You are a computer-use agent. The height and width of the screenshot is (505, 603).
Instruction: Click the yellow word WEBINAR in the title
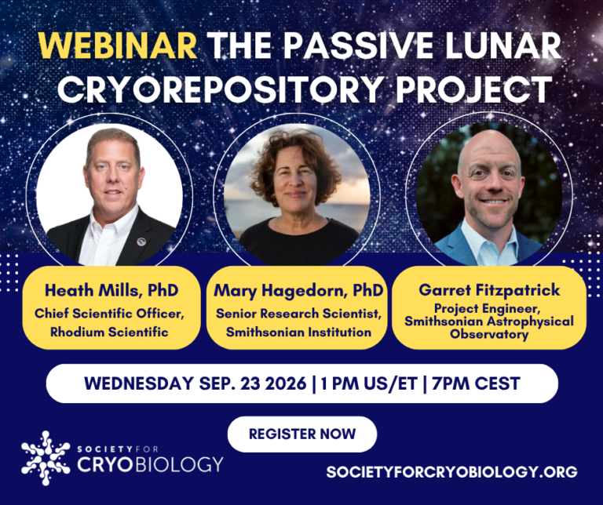pyautogui.click(x=118, y=45)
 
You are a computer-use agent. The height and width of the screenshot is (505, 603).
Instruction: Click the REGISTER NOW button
pyautogui.click(x=302, y=434)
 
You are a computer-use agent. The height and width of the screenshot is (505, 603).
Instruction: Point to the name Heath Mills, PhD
pyautogui.click(x=111, y=290)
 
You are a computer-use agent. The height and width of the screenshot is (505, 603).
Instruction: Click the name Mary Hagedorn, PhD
pyautogui.click(x=298, y=291)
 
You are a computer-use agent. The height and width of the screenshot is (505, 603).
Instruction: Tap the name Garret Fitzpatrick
pyautogui.click(x=489, y=290)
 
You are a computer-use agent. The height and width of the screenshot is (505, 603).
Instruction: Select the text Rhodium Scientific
pyautogui.click(x=109, y=332)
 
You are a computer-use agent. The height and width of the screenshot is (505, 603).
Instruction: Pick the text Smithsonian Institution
pyautogui.click(x=298, y=332)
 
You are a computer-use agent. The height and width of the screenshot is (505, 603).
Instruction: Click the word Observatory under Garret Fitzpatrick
pyautogui.click(x=489, y=334)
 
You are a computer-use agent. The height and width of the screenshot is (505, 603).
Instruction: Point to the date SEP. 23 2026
pyautogui.click(x=253, y=383)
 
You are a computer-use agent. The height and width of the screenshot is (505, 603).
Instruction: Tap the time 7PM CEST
pyautogui.click(x=476, y=383)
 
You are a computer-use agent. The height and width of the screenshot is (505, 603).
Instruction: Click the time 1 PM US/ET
pyautogui.click(x=369, y=383)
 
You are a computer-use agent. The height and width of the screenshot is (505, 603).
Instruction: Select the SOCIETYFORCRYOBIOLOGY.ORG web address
pyautogui.click(x=452, y=471)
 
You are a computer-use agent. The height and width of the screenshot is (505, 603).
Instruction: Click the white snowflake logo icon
pyautogui.click(x=46, y=458)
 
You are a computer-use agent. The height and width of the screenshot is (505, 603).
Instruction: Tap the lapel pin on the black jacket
pyautogui.click(x=141, y=242)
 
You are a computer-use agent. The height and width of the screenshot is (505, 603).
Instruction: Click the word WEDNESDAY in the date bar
pyautogui.click(x=139, y=383)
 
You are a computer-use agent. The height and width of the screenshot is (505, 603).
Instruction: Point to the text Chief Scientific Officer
pyautogui.click(x=110, y=314)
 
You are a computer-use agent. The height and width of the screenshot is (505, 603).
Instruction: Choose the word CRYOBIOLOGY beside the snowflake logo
pyautogui.click(x=150, y=464)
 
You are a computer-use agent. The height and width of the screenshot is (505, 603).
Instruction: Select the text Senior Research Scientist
pyautogui.click(x=298, y=314)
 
